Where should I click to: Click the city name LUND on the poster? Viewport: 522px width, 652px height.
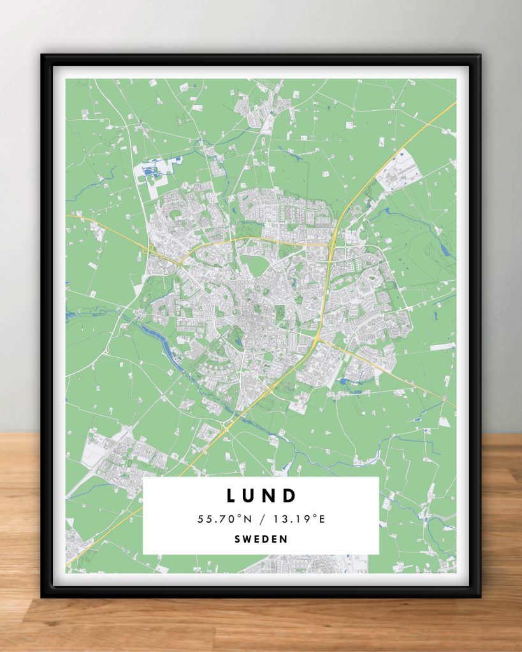click(x=261, y=495)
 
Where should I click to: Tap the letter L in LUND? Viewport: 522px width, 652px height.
click(x=231, y=495)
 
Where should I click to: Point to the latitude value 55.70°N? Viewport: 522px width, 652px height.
click(x=222, y=519)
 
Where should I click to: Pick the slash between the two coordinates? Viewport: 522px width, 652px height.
click(x=261, y=519)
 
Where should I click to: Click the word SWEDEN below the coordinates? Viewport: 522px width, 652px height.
click(x=261, y=539)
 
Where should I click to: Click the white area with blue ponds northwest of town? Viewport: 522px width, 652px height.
click(x=155, y=171)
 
